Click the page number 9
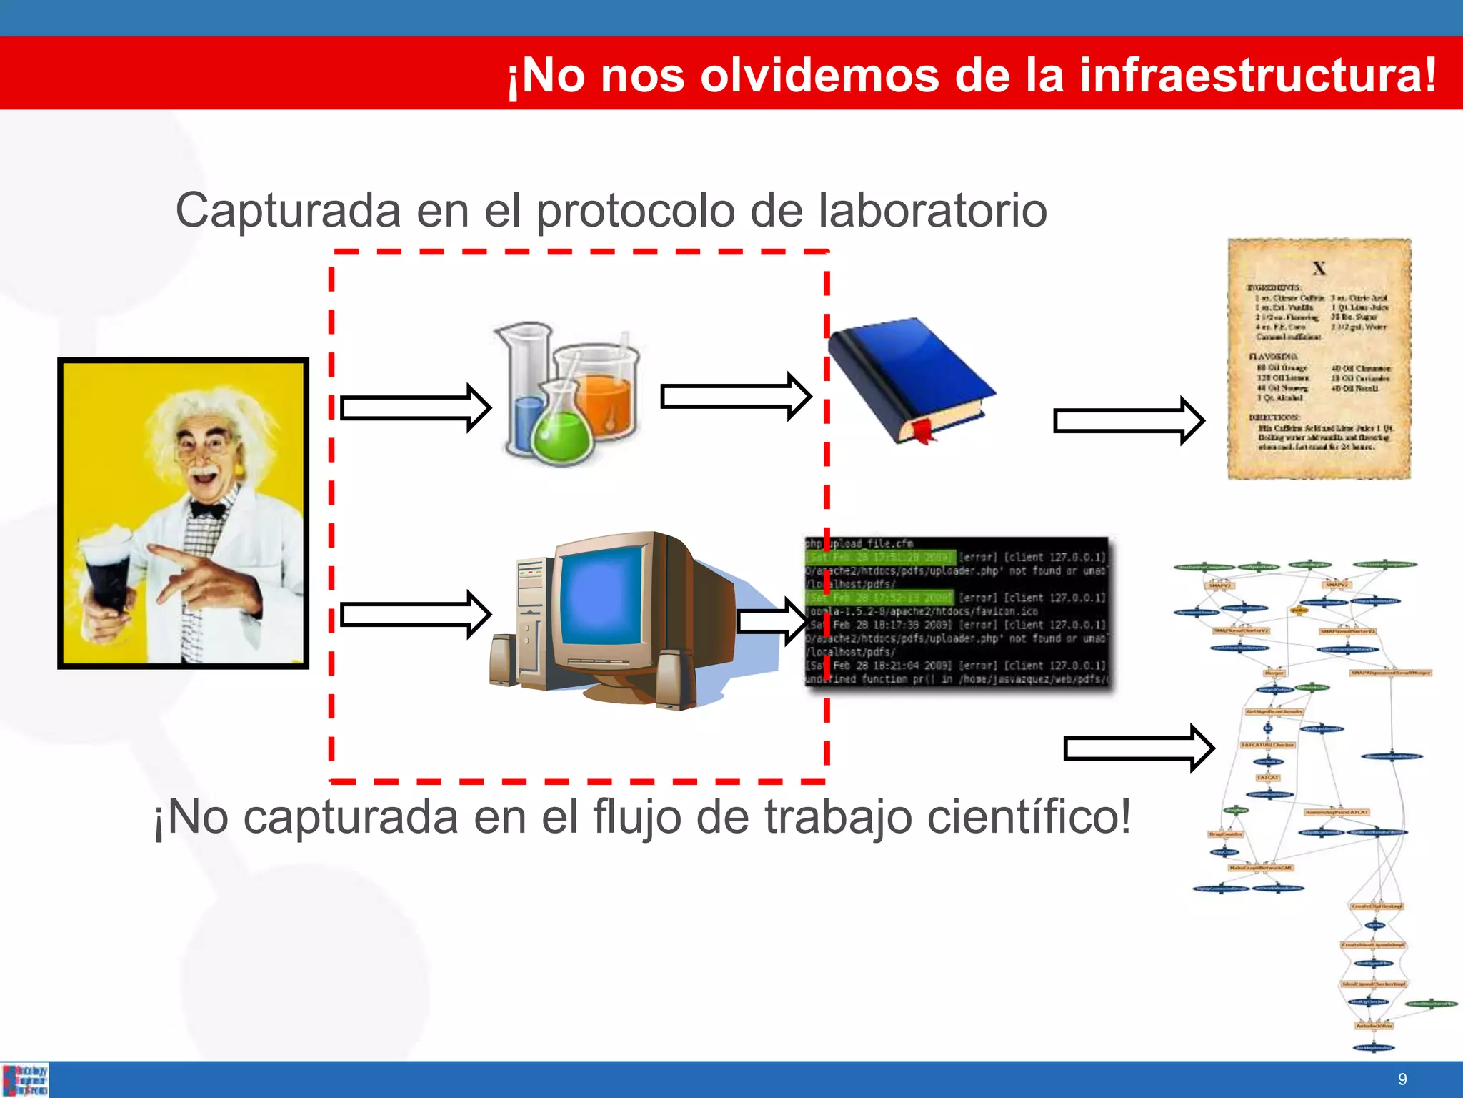click(x=1402, y=1079)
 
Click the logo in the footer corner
click(x=25, y=1079)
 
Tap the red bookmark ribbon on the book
click(x=922, y=432)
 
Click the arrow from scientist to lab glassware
click(x=415, y=408)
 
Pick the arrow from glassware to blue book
click(x=735, y=396)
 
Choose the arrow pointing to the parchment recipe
click(x=1129, y=421)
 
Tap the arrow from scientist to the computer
click(x=415, y=614)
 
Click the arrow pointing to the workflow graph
click(x=1138, y=748)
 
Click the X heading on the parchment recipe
click(x=1319, y=269)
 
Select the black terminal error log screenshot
click(x=957, y=611)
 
